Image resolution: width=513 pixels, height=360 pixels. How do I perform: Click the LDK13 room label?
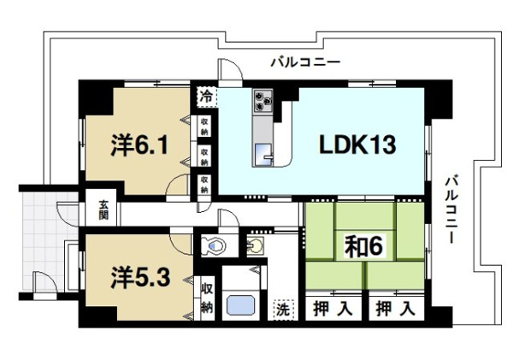[357, 145]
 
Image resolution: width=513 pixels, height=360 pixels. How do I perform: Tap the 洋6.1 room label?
[144, 145]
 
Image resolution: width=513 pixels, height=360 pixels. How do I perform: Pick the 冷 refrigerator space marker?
[205, 97]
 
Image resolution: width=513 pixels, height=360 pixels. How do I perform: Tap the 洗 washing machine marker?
[281, 308]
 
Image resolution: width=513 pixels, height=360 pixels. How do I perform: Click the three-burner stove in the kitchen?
[262, 104]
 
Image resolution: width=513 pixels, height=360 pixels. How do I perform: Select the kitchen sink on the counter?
[262, 153]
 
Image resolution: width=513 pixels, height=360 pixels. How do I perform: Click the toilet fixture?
[213, 246]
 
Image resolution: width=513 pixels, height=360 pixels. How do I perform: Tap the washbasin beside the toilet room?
[256, 247]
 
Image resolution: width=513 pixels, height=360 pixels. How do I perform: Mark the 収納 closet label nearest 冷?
[205, 127]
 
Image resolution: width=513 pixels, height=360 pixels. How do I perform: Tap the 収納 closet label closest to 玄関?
[205, 183]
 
